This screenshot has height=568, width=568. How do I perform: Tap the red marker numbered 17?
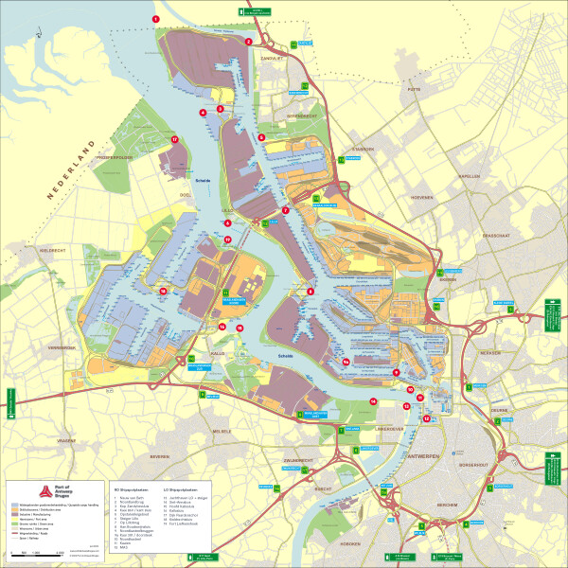pos(175,140)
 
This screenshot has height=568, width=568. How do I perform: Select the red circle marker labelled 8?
pos(310,292)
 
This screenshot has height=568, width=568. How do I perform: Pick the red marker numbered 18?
pos(163,291)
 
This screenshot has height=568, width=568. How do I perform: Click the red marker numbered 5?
pos(260,137)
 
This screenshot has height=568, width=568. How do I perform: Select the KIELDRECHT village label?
pos(56,250)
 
